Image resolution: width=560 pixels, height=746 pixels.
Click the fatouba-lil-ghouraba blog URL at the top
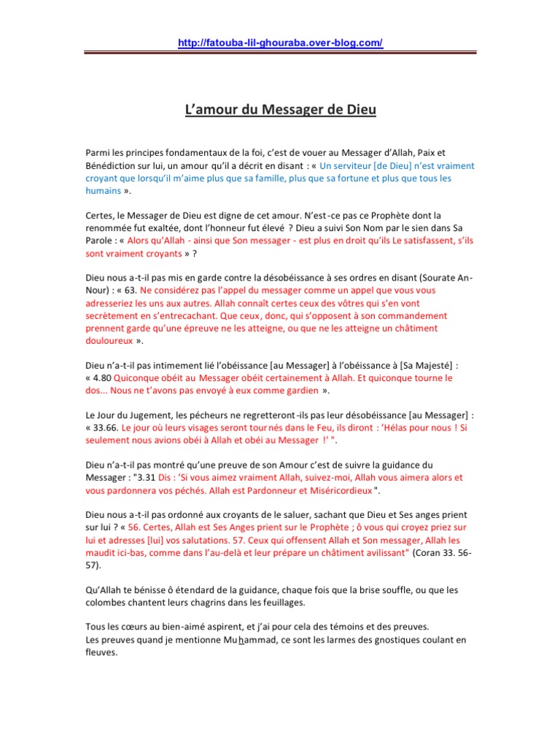pyautogui.click(x=280, y=43)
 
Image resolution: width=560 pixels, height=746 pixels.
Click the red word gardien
pyautogui.click(x=301, y=391)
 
